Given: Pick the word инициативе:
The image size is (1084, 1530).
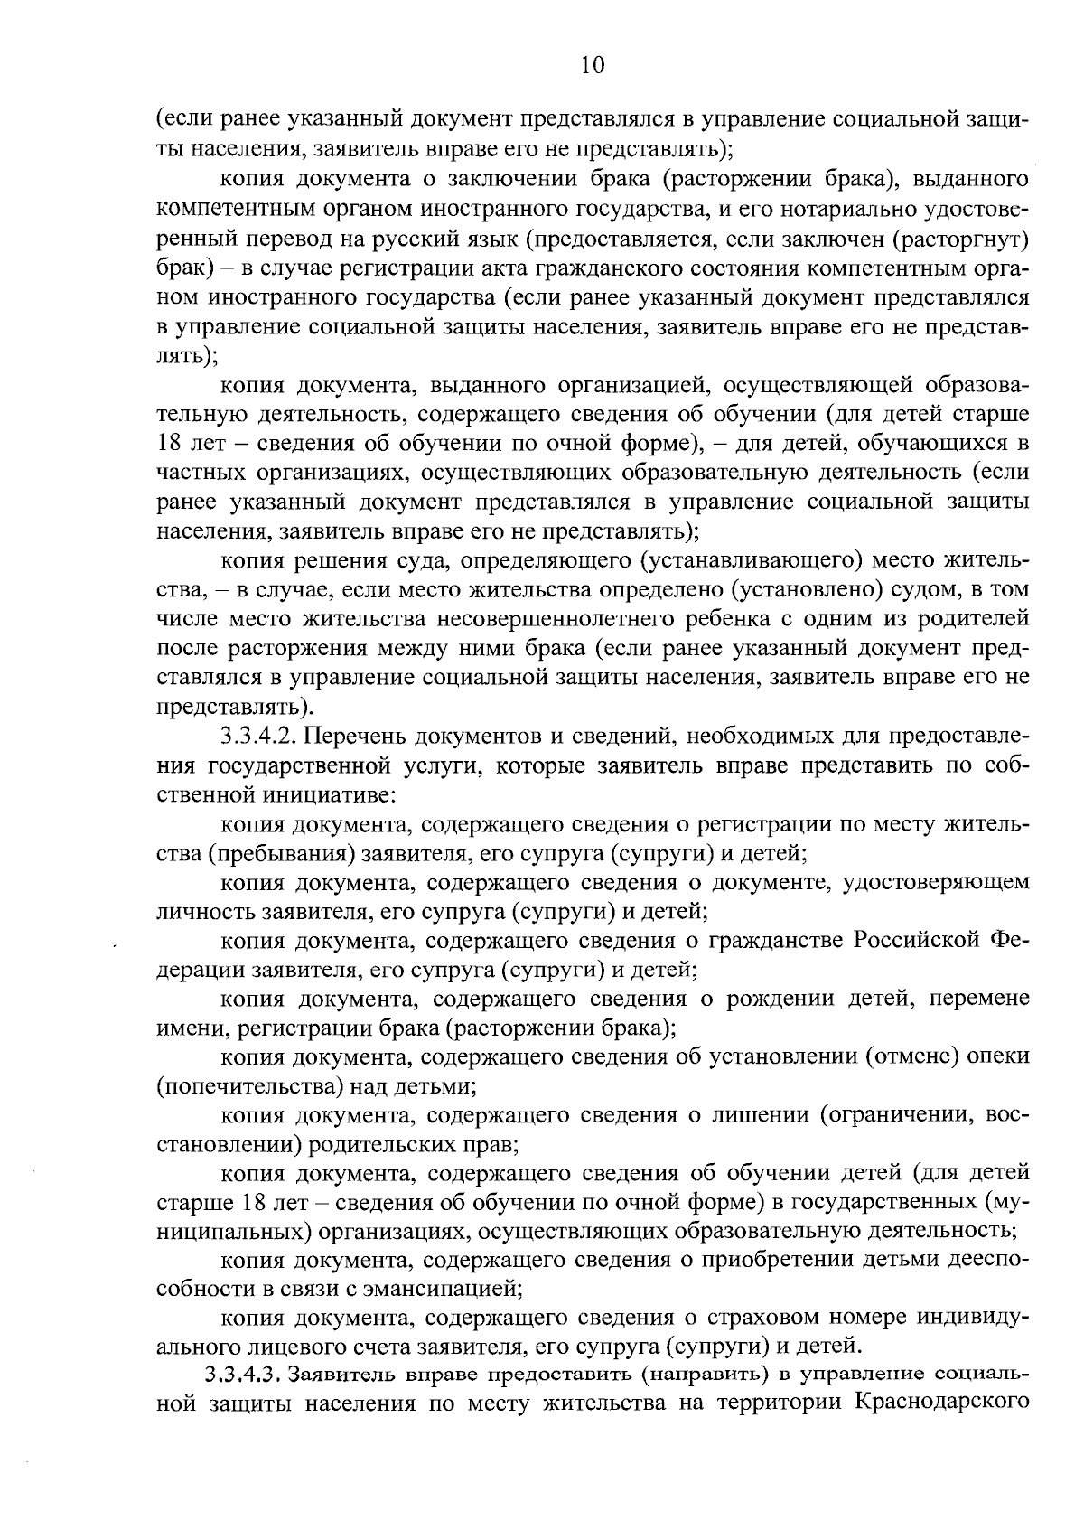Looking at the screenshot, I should point(328,796).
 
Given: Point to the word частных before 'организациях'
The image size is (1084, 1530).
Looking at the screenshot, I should point(193,473).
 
